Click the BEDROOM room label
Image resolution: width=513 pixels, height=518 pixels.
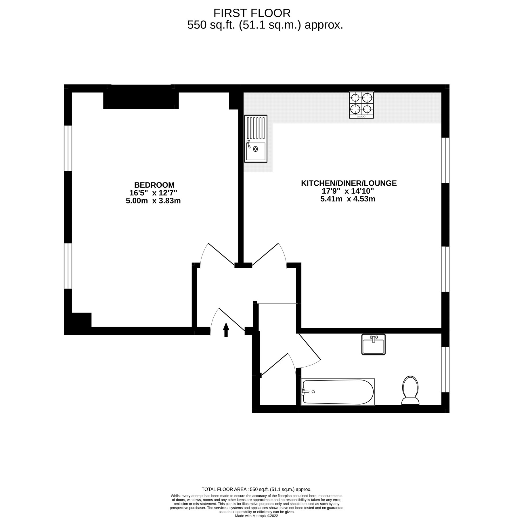[x=154, y=185]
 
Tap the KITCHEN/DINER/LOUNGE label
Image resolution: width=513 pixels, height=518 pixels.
[x=349, y=183]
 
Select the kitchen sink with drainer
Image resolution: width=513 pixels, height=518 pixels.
[x=255, y=138]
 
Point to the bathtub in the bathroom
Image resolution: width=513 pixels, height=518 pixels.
[x=338, y=392]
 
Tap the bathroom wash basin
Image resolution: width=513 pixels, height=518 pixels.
[x=373, y=344]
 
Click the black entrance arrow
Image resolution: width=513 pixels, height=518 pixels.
[x=226, y=330]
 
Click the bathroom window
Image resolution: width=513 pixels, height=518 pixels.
[x=445, y=370]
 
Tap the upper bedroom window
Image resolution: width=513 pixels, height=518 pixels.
[x=68, y=148]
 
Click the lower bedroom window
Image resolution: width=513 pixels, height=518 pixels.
[x=68, y=266]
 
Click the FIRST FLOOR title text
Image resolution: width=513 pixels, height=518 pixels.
[x=252, y=13]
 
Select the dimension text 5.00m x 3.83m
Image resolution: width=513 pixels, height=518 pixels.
[x=153, y=201]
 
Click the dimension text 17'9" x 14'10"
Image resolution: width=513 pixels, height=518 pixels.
[x=347, y=191]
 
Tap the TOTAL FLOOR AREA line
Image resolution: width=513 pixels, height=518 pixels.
[x=256, y=489]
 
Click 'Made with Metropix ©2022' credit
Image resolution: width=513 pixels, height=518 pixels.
[x=256, y=516]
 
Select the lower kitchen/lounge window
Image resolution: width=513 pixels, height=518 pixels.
[x=445, y=269]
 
